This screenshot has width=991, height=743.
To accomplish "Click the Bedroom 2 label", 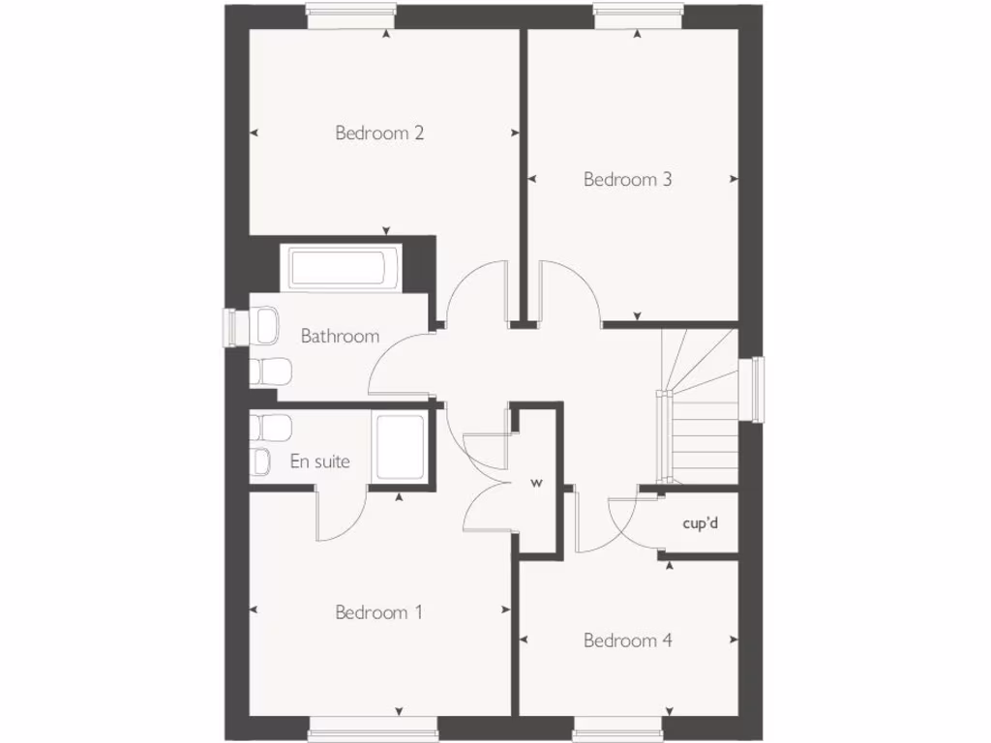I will pyautogui.click(x=379, y=133).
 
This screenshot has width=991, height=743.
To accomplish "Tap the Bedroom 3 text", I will pyautogui.click(x=627, y=179).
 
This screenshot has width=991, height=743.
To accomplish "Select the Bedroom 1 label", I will pyautogui.click(x=378, y=612).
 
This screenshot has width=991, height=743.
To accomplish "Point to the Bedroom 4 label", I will pyautogui.click(x=627, y=640).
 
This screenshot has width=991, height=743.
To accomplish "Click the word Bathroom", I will pyautogui.click(x=340, y=337).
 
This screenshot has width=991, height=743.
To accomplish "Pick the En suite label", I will pyautogui.click(x=320, y=461).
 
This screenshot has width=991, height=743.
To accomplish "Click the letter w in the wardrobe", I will pyautogui.click(x=534, y=481).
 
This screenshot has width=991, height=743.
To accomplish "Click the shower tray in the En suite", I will pyautogui.click(x=400, y=447).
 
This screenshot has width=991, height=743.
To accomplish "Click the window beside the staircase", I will pyautogui.click(x=757, y=389).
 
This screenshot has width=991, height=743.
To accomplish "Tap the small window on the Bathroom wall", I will pyautogui.click(x=233, y=326).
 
